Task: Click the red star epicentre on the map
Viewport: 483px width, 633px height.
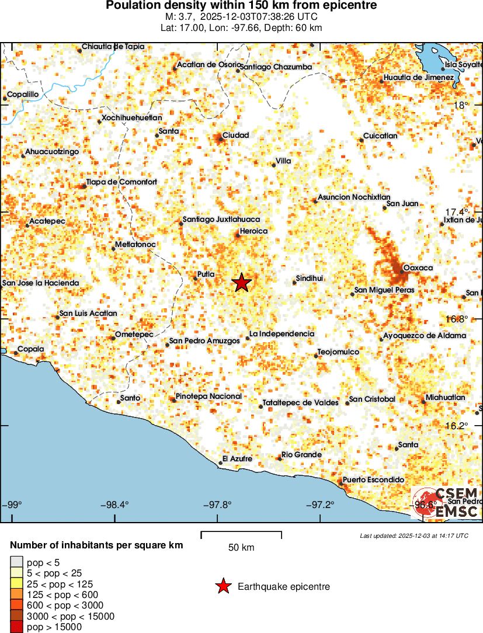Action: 242,283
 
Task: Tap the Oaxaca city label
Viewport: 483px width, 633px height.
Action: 418,267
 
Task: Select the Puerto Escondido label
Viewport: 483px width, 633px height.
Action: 373,479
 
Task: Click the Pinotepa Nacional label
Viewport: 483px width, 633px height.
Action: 209,396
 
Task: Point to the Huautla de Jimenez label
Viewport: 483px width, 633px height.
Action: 419,78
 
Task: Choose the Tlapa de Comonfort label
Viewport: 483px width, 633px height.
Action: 121,182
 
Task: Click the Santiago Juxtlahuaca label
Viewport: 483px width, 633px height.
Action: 221,220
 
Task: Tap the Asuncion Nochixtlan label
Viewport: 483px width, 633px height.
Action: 354,197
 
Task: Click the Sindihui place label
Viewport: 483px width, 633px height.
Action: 310,279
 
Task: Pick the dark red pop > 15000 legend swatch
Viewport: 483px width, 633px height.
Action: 16,627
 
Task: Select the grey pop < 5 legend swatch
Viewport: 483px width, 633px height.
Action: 16,563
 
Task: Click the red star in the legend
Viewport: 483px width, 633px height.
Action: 223,586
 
